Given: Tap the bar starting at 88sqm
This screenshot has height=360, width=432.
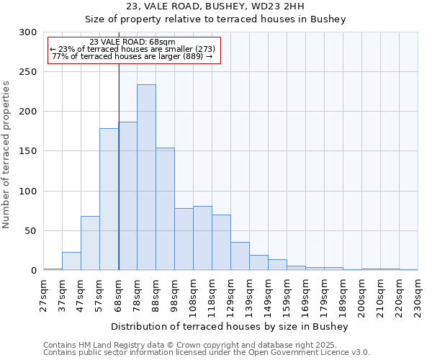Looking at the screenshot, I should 165,209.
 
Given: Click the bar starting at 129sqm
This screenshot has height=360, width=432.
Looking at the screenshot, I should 240,256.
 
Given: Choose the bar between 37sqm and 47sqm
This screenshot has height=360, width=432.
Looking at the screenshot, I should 71,261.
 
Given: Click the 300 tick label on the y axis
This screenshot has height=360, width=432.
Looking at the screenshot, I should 28,32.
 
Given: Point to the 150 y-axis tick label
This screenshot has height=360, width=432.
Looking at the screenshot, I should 28,152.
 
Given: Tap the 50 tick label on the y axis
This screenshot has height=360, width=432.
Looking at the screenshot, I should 31,231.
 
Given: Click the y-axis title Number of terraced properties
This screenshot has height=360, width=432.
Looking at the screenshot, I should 6,155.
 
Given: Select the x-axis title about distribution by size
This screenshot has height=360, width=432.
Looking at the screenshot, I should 230,326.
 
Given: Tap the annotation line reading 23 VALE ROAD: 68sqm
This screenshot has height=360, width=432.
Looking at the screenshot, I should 132,42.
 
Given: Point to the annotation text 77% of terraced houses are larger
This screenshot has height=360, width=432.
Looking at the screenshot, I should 132,56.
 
